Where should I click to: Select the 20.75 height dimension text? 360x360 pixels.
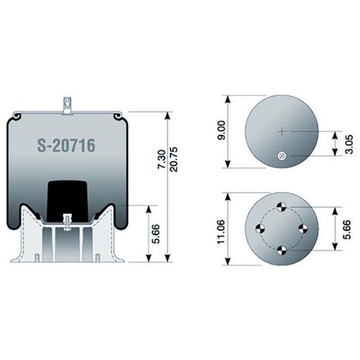tap(172, 160)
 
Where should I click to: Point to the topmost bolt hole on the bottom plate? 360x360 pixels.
tap(282, 206)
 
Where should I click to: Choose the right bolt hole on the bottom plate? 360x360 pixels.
tap(303, 228)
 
